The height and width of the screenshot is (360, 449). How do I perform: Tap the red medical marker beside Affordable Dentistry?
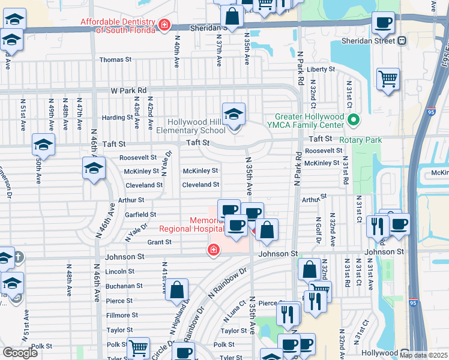[164, 25]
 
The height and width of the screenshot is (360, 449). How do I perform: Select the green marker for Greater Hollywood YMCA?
[354, 121]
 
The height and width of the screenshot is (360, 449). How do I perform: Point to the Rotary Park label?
[360, 140]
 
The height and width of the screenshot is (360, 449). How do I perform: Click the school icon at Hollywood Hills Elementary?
[234, 113]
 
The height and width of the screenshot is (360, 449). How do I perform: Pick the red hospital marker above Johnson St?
[213, 249]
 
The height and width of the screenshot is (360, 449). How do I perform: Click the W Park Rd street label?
[128, 91]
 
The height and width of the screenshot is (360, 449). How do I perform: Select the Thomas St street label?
[115, 60]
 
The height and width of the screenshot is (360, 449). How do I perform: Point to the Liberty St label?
[321, 70]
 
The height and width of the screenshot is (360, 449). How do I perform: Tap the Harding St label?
[112, 118]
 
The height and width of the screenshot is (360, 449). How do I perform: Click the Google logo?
[20, 353]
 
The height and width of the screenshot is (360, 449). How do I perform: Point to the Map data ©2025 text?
[423, 355]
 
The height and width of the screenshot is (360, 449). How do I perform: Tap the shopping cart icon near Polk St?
[139, 347]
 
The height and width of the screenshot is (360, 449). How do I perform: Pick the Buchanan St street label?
[124, 286]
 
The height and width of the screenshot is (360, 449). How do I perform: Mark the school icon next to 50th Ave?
[43, 145]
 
